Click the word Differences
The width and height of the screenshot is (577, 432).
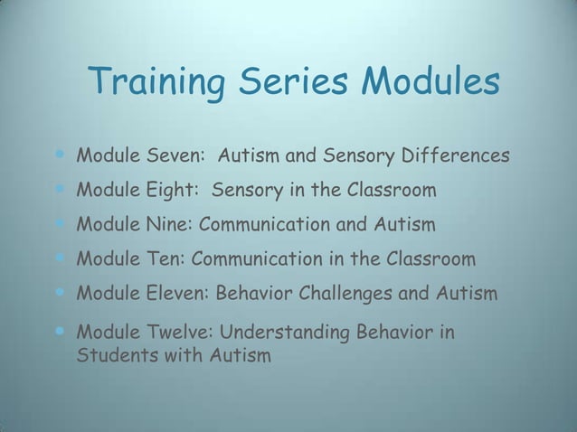tap(457, 158)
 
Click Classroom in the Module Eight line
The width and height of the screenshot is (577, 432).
tap(388, 191)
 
